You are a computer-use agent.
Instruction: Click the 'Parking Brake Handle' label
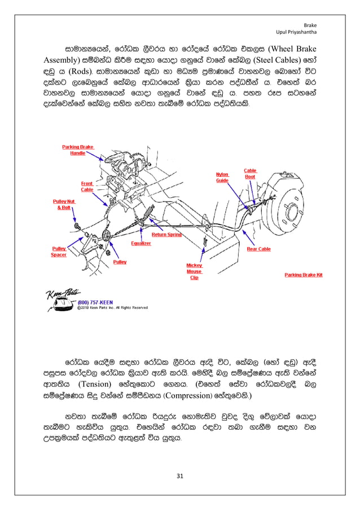77,150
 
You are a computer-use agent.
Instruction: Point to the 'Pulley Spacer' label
59,251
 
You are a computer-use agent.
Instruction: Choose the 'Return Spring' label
166,234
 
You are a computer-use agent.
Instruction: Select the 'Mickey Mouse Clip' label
194,271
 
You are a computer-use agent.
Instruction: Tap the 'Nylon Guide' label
222,177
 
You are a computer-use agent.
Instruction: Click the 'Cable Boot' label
250,173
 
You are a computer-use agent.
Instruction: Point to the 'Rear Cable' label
258,249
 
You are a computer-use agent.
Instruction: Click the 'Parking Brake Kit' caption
303,275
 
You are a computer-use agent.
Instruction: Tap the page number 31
180,477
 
